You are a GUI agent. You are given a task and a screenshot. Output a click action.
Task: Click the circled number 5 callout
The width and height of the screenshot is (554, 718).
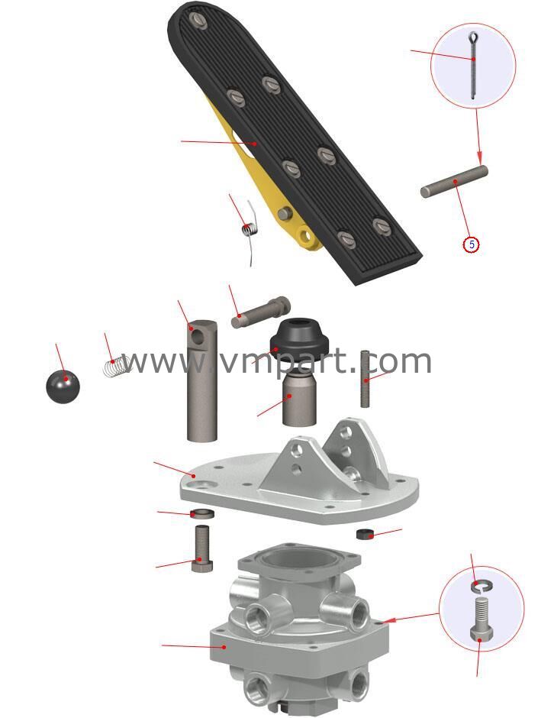[x=471, y=244]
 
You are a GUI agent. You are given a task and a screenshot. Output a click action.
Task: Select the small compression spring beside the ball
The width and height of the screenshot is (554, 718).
[x=114, y=367]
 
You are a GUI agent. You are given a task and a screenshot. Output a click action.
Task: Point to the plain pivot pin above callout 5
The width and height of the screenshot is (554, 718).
[x=454, y=182]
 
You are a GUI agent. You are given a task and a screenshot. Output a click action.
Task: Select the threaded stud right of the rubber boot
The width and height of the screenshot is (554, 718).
[x=365, y=379]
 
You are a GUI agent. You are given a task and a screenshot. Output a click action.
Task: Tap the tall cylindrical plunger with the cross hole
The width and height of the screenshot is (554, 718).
[x=201, y=380]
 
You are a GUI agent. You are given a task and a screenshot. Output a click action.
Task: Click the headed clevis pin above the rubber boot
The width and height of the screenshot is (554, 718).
[x=260, y=312]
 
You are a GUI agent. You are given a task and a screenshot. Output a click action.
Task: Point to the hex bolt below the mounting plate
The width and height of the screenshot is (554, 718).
[x=201, y=549]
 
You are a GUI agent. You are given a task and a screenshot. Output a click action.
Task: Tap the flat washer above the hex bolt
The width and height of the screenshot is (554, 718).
[x=202, y=513]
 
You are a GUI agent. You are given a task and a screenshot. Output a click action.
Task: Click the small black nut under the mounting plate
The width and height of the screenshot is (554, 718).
[x=365, y=534]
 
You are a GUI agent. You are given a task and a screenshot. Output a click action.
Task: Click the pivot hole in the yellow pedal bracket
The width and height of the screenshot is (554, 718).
[x=304, y=237]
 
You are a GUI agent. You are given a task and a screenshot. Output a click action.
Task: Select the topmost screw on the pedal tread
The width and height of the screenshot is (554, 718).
[x=199, y=19]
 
